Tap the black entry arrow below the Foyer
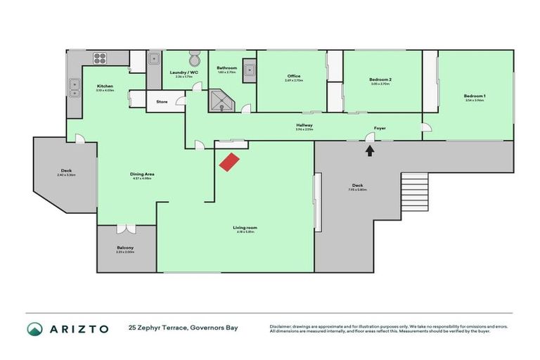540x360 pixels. point(371,148)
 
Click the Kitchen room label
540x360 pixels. point(105,86)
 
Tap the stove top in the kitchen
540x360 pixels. point(98,58)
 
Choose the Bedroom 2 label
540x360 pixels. point(380,80)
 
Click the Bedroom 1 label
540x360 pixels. point(475,96)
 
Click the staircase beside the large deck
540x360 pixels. point(413,193)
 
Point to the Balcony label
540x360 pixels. point(125,247)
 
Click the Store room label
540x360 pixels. point(162,102)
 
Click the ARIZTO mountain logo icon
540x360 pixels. point(34,328)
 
